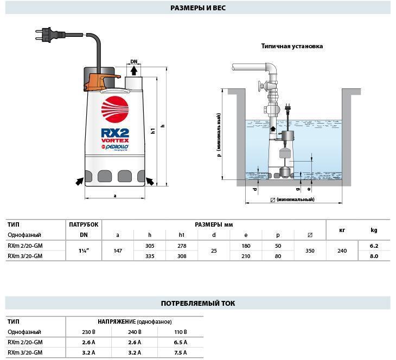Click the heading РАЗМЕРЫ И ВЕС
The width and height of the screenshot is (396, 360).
tap(198, 8)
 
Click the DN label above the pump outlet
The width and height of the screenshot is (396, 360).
tap(134, 62)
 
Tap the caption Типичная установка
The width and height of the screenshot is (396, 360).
tap(292, 46)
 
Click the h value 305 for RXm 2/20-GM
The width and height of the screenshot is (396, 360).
tap(150, 246)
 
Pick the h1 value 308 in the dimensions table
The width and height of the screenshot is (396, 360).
tap(182, 256)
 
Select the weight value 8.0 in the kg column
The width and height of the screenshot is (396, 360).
tap(374, 256)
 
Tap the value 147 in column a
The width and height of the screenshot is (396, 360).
tap(118, 251)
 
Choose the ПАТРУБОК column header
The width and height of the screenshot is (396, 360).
tap(84, 224)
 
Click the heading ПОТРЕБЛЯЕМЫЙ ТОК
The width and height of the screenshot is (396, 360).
tap(198, 303)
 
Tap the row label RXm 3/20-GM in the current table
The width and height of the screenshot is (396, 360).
tap(25, 353)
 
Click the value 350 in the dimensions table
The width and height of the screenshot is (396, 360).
tap(310, 251)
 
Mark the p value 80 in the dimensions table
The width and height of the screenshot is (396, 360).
tap(278, 256)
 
